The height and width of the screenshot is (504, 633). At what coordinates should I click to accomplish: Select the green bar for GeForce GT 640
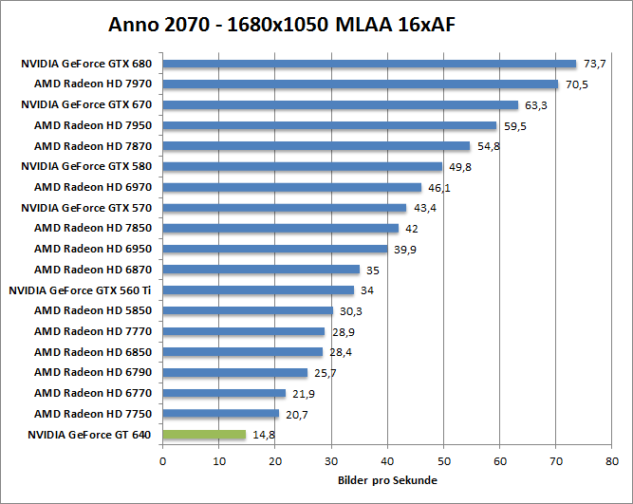pos(204,435)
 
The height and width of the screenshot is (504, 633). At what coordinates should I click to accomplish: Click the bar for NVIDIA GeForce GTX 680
pos(369,65)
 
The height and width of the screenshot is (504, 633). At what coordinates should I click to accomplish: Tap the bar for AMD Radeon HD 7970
pos(361,84)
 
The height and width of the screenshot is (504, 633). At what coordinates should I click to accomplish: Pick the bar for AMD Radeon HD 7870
pos(316,146)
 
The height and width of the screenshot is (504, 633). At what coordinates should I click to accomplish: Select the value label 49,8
pos(458,167)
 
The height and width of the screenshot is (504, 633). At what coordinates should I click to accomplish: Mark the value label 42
pos(411,229)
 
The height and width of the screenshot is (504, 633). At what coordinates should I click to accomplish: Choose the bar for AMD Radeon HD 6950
pos(275,249)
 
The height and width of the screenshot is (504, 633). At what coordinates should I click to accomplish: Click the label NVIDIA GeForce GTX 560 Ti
pos(80,289)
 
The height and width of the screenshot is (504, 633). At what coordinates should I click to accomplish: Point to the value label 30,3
pos(349,311)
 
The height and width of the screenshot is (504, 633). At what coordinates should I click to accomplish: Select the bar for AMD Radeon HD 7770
pos(244,331)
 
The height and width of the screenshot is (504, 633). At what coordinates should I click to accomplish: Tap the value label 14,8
pos(262,436)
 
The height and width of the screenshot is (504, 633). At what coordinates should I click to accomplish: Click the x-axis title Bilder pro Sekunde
pos(387,480)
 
